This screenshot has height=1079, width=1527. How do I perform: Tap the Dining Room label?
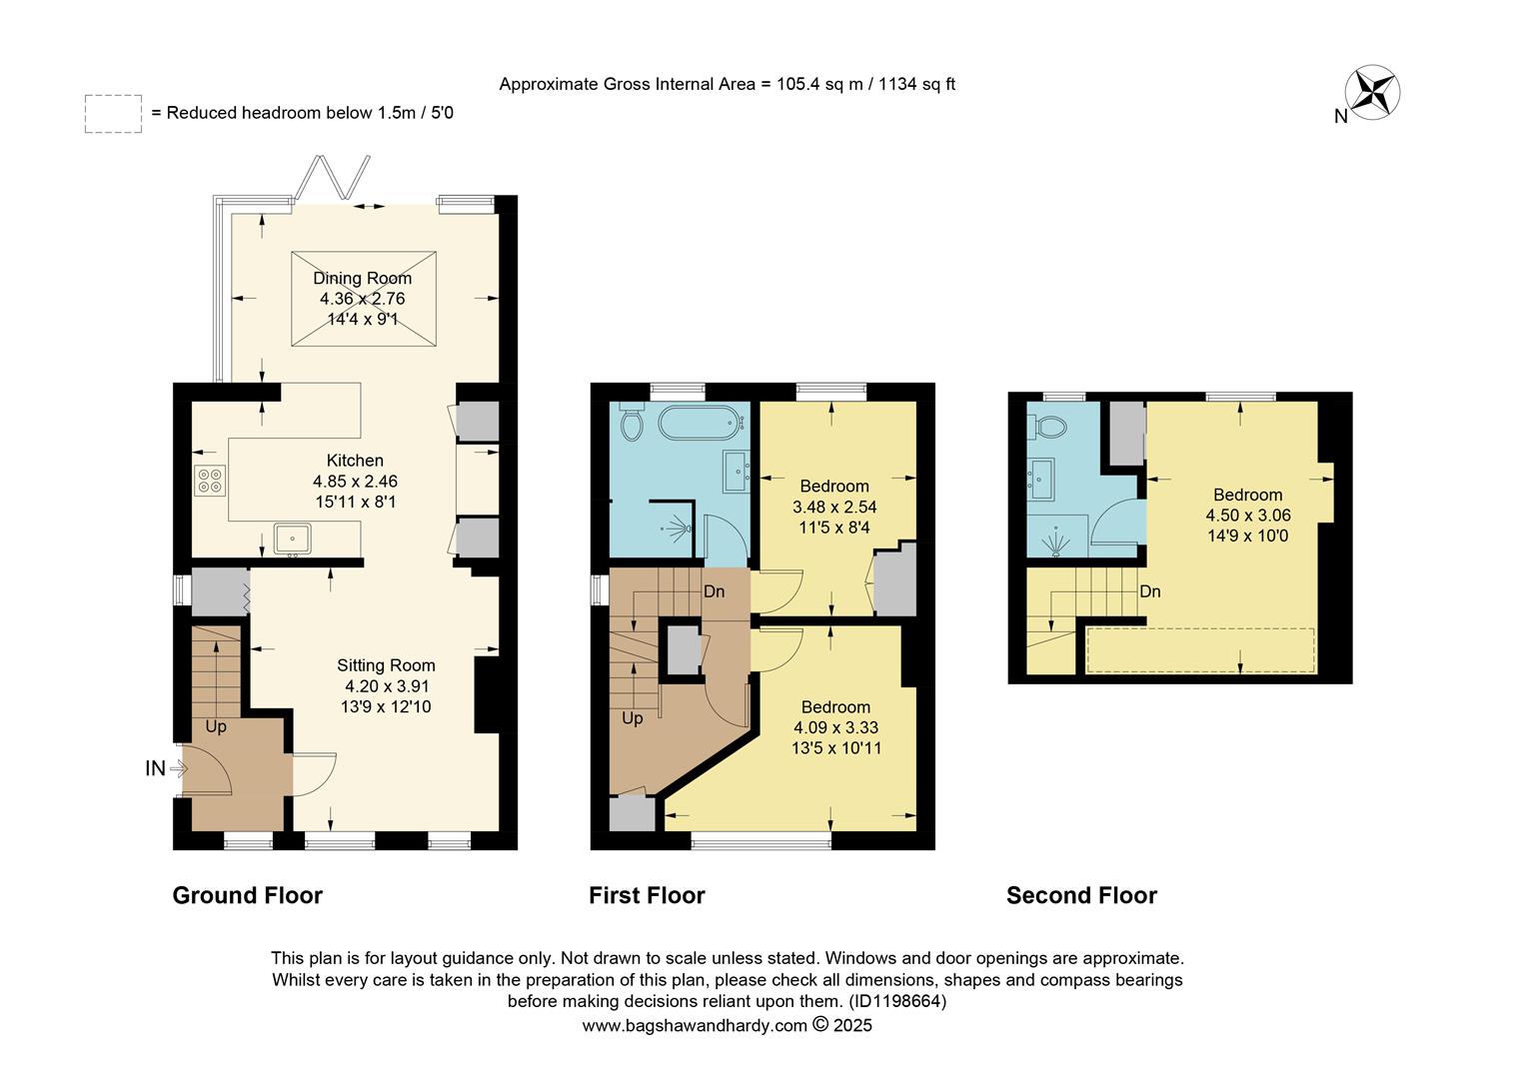coord(362,279)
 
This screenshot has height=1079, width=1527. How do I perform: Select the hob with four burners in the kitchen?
coord(210,481)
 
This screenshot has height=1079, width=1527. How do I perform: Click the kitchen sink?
coord(293,538)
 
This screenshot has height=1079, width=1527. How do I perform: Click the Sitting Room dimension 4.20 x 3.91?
coord(387,686)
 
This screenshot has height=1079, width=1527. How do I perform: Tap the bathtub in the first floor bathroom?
coord(703,423)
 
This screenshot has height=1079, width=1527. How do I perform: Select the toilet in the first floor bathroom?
coord(632,424)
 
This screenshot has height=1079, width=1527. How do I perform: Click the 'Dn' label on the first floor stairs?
coord(714,591)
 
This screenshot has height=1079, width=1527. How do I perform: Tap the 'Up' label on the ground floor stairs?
coord(216,726)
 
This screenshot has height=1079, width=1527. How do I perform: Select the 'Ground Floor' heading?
coord(247,895)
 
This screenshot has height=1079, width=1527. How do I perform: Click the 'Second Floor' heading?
coord(1081,895)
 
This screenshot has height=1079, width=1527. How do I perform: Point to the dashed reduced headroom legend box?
coord(113,114)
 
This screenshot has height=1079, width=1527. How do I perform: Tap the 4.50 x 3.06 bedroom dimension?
coord(1248,516)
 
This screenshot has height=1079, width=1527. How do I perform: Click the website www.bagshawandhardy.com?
coord(695,1025)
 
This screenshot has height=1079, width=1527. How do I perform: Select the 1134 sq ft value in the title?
coord(916,84)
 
